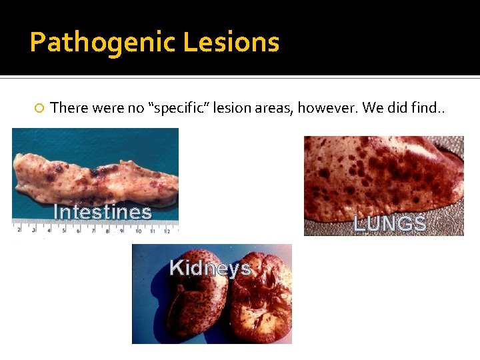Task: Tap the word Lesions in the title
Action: [x=231, y=43]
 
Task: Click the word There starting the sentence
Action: [x=69, y=107]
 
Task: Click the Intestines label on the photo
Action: [x=103, y=212]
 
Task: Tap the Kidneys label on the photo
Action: [x=210, y=268]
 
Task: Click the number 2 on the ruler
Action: [x=19, y=230]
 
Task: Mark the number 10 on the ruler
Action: [x=138, y=231]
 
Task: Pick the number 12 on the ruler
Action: [x=167, y=231]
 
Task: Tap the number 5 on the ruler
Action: [x=64, y=231]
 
